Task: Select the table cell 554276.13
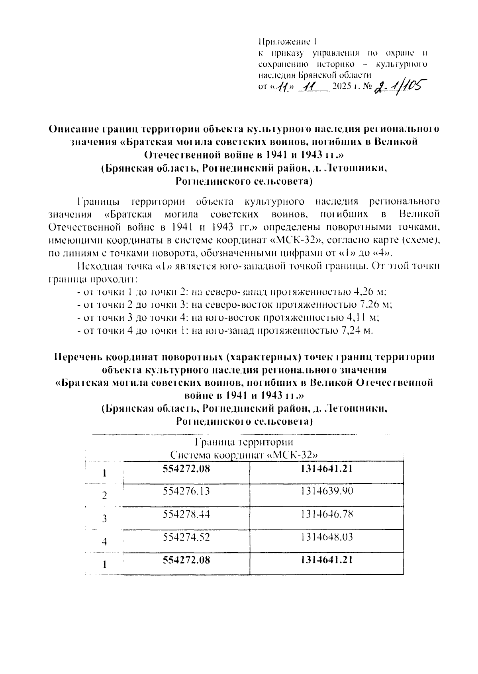pos(186,491)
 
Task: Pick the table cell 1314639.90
pos(327,491)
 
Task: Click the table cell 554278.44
pos(186,514)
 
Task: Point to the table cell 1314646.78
pos(327,514)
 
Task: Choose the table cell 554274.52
pos(186,537)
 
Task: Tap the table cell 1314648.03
pos(327,537)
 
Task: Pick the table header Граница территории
pos(244,442)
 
